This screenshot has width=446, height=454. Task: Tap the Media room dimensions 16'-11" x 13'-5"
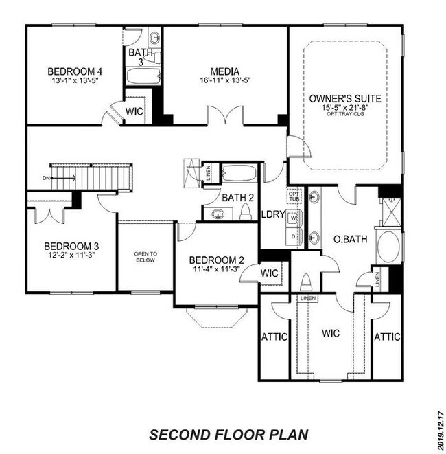(224, 80)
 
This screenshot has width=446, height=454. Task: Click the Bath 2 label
(234, 198)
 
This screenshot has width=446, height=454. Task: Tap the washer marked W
(294, 218)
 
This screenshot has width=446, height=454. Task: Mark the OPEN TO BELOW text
(145, 257)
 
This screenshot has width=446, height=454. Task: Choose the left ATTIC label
(274, 337)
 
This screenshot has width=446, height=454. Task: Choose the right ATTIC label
(386, 337)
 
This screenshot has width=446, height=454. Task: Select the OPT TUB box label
(294, 196)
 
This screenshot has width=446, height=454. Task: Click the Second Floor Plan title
(229, 434)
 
